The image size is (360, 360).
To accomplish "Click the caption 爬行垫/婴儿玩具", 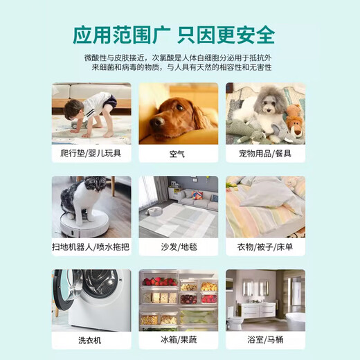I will point(91,151).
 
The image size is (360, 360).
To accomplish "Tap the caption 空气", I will point(178,151).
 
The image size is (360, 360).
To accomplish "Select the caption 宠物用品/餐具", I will point(265,151).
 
